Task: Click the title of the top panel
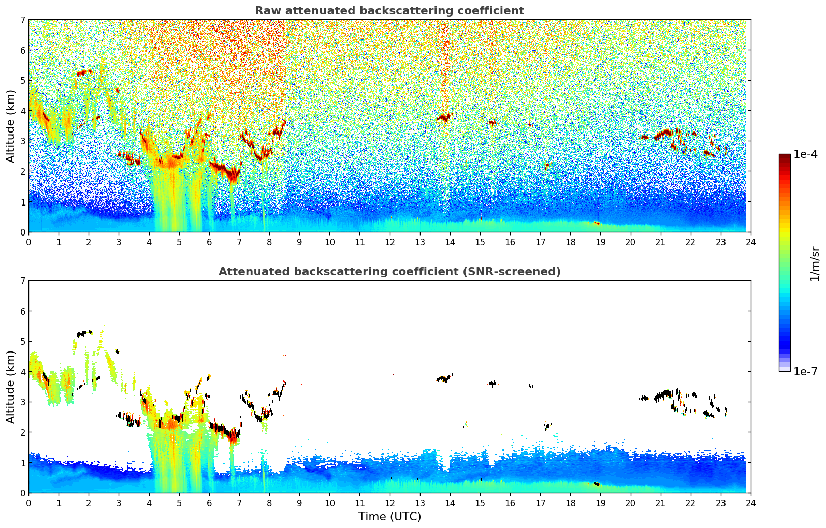(389, 11)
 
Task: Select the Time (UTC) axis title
(389, 516)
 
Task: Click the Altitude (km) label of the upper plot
(10, 126)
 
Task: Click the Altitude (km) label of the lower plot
(10, 387)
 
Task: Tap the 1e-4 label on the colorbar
(805, 154)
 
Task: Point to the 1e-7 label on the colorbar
(805, 371)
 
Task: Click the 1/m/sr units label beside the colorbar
(815, 263)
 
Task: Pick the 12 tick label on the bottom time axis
(389, 503)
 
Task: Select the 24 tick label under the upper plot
(750, 242)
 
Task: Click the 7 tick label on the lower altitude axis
(22, 281)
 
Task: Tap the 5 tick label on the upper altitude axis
(22, 81)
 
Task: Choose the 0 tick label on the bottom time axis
(28, 503)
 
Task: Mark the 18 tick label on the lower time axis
(570, 503)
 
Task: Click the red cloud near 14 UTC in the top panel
(444, 118)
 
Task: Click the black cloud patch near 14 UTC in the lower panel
(444, 378)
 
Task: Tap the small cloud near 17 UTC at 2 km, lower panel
(547, 426)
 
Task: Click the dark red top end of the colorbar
(785, 157)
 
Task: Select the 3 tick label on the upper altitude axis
(22, 141)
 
